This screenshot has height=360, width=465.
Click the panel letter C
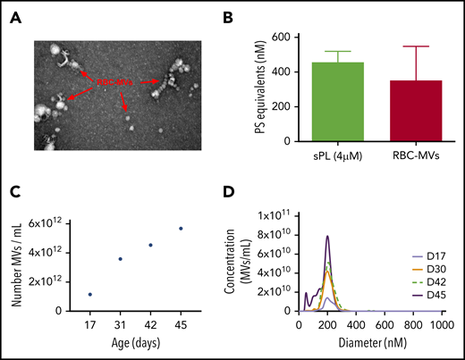click(14, 191)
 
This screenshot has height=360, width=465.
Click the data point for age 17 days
click(89, 294)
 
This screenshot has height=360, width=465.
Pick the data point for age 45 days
click(207, 229)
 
